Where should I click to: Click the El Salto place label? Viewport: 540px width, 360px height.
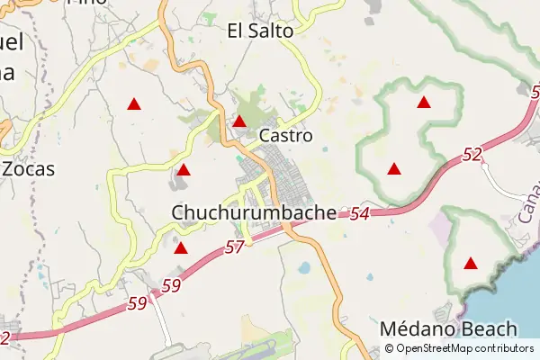click(x=260, y=31)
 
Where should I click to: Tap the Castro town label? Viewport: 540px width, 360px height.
click(x=285, y=136)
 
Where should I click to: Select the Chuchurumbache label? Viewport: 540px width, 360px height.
click(x=254, y=212)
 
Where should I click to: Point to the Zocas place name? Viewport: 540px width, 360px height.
click(x=28, y=168)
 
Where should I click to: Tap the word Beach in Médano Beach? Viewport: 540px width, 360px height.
click(x=487, y=328)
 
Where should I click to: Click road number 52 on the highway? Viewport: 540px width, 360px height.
click(x=472, y=155)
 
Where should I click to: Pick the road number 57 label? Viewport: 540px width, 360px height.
click(x=235, y=246)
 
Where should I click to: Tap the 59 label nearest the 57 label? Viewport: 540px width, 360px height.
click(x=172, y=286)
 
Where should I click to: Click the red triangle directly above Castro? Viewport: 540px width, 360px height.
click(x=239, y=121)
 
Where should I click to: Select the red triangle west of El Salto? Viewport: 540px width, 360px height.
click(x=134, y=104)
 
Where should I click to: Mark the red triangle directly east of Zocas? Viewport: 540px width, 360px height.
click(x=184, y=170)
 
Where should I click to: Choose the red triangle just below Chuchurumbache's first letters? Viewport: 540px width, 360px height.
click(x=181, y=248)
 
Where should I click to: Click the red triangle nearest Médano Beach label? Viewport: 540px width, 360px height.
click(x=470, y=264)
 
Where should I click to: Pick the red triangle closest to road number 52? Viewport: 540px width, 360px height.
click(x=393, y=168)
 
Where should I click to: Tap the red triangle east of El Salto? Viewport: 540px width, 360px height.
click(x=424, y=103)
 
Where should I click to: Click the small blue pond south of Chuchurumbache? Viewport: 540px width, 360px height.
click(x=303, y=268)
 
